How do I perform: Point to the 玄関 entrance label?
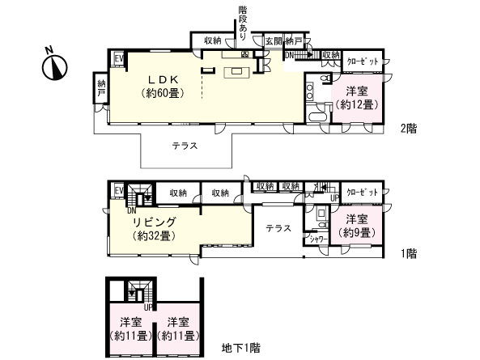[273, 40]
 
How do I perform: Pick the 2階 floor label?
[408, 129]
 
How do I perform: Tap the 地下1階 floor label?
[241, 349]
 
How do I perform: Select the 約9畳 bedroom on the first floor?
[356, 226]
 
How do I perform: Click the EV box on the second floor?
[117, 58]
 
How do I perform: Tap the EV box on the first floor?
[117, 191]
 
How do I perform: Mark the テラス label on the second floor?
[187, 146]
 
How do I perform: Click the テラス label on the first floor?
[278, 228]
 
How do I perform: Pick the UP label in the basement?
[147, 307]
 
